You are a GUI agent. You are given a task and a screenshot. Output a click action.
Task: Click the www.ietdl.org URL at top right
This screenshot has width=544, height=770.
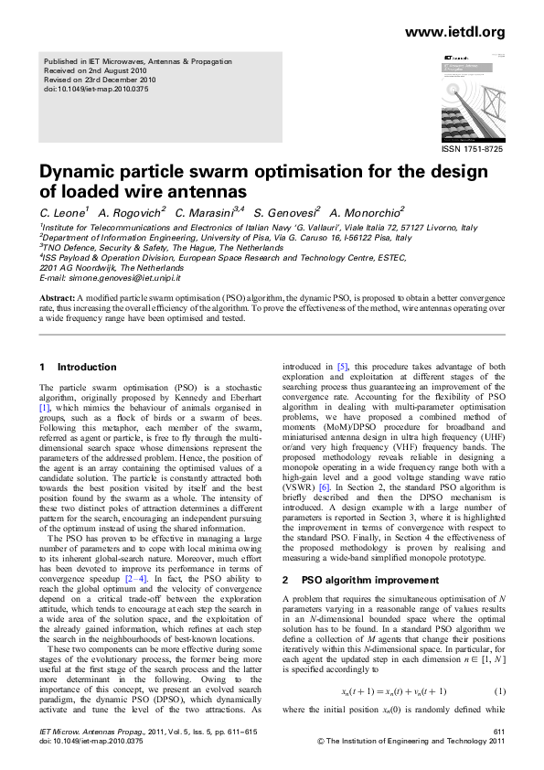point(454,33)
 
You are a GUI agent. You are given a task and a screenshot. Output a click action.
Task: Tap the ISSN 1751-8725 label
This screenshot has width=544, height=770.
point(473,149)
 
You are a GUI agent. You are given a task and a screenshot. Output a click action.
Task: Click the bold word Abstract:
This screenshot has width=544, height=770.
point(57,299)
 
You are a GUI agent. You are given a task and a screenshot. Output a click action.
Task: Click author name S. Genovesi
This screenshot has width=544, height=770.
point(286,212)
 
